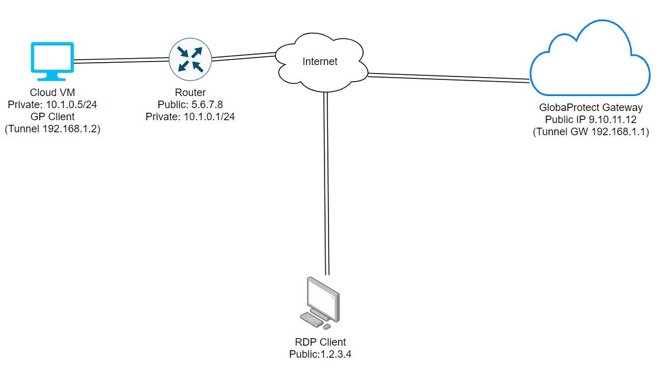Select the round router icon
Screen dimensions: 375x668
tap(190, 59)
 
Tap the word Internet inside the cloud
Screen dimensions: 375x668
tap(320, 62)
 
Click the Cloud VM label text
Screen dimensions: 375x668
tap(52, 93)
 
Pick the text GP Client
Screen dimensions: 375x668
tap(52, 117)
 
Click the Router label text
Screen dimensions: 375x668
tap(190, 93)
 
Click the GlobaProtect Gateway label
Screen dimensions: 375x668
tap(590, 108)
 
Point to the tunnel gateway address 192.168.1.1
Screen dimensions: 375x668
tap(615, 132)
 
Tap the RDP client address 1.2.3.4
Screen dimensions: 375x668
tap(333, 354)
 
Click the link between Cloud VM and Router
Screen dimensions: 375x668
tap(122, 59)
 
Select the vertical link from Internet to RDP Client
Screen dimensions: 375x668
tap(326, 184)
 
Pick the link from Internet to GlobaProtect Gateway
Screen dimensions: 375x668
tap(448, 76)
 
